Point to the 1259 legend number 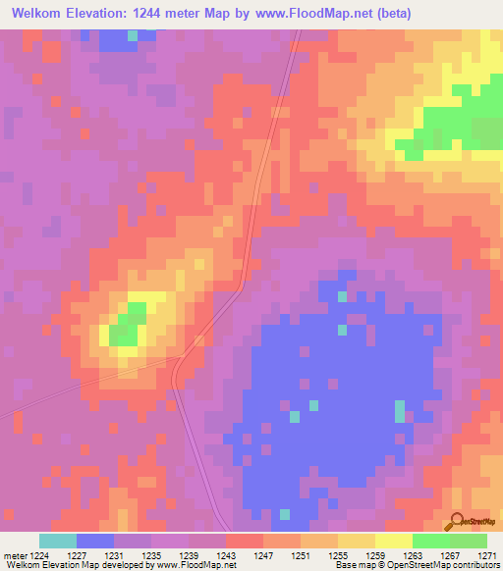pyautogui.click(x=373, y=555)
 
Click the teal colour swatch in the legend pyautogui.click(x=57, y=541)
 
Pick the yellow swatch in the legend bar pyautogui.click(x=393, y=541)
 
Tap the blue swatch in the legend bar pyautogui.click(x=94, y=541)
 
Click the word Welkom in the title pyautogui.click(x=41, y=13)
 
